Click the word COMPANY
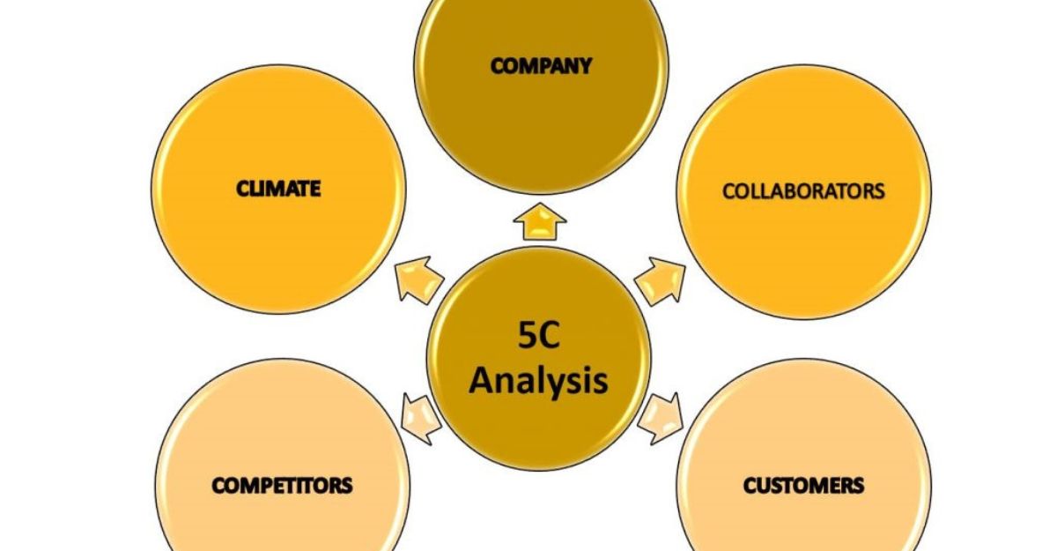pyautogui.click(x=541, y=66)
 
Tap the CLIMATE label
pyautogui.click(x=277, y=188)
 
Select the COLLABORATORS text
pyautogui.click(x=803, y=191)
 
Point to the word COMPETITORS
pyautogui.click(x=282, y=485)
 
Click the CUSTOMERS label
pyautogui.click(x=803, y=485)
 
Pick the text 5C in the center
pyautogui.click(x=538, y=335)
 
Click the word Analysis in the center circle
pyautogui.click(x=538, y=381)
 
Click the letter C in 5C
pyautogui.click(x=551, y=335)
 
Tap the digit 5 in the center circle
pyautogui.click(x=526, y=335)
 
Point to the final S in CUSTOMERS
pyautogui.click(x=858, y=485)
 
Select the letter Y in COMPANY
pyautogui.click(x=584, y=66)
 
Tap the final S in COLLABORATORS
pyautogui.click(x=878, y=191)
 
